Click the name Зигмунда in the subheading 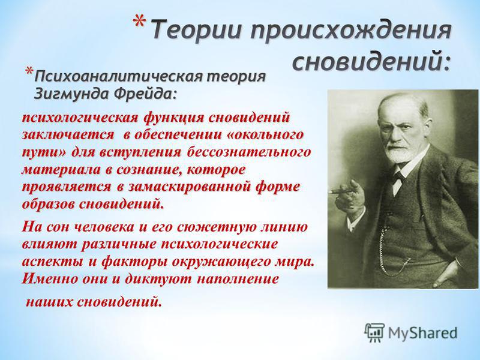point(72,94)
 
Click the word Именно point(47,279)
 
